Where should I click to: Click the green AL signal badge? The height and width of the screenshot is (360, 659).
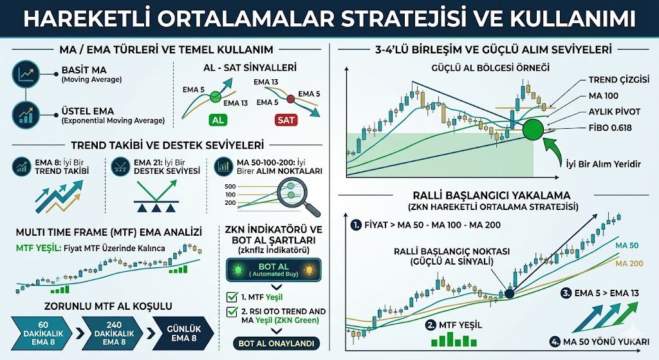pos(216,120)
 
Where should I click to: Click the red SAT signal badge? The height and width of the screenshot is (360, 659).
pos(287,120)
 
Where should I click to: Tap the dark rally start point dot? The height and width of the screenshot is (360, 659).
pos(509,294)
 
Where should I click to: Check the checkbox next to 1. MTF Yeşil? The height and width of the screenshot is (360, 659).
pos(232,298)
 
